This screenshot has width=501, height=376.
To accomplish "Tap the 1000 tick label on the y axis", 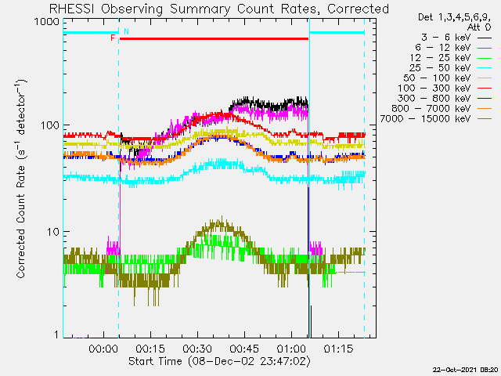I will pyautogui.click(x=44, y=23).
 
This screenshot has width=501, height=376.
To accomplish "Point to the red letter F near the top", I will pyautogui.click(x=113, y=38).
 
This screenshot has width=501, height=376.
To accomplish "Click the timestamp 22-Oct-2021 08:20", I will pyautogui.click(x=465, y=369).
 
